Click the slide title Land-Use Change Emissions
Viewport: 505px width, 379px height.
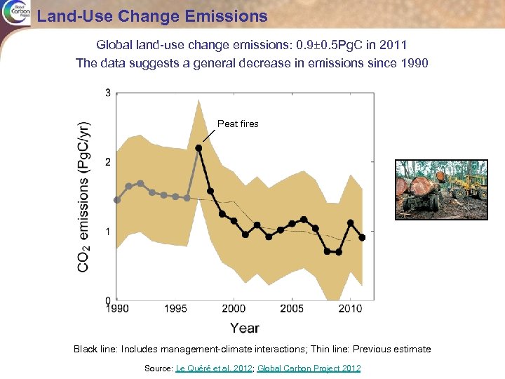pyautogui.click(x=152, y=15)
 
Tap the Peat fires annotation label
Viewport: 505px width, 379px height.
pyautogui.click(x=238, y=124)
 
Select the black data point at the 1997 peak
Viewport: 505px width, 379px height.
pyautogui.click(x=198, y=148)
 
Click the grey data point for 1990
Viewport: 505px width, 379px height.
pyautogui.click(x=117, y=200)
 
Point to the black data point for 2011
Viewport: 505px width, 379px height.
pyautogui.click(x=362, y=238)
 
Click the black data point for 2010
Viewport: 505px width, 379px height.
pyautogui.click(x=350, y=223)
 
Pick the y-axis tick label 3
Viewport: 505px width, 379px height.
pyautogui.click(x=107, y=93)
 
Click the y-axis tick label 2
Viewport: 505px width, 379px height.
pyautogui.click(x=107, y=162)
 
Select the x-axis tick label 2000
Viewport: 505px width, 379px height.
pyautogui.click(x=234, y=309)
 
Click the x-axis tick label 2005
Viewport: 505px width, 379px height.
pyautogui.click(x=292, y=309)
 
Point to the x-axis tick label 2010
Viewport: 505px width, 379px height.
pyautogui.click(x=350, y=309)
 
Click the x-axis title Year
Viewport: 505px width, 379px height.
pyautogui.click(x=244, y=328)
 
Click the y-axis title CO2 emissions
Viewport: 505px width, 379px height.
pyautogui.click(x=83, y=197)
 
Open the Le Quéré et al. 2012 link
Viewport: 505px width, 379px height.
pyautogui.click(x=213, y=368)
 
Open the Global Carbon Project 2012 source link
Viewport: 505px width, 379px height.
pyautogui.click(x=309, y=368)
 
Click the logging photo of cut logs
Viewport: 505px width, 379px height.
pyautogui.click(x=441, y=189)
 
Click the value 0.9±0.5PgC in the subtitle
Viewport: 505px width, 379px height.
pyautogui.click(x=337, y=45)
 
